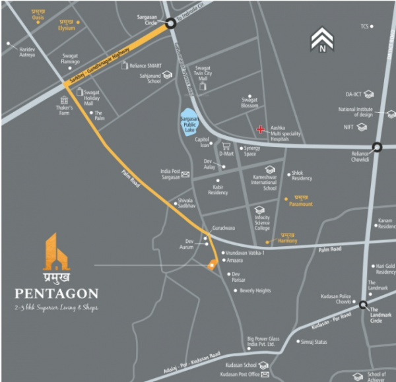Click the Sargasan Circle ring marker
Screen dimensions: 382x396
pyautogui.click(x=170, y=23)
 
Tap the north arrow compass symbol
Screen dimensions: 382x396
pyautogui.click(x=322, y=40)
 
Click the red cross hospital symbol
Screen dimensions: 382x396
pyautogui.click(x=261, y=129)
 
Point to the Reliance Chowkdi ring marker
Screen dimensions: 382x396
pyautogui.click(x=377, y=148)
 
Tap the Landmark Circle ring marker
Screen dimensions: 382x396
pyautogui.click(x=364, y=304)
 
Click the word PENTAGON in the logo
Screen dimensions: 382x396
pyautogui.click(x=58, y=292)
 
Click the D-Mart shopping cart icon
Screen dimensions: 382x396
pyautogui.click(x=226, y=146)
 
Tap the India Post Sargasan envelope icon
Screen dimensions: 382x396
pyautogui.click(x=186, y=175)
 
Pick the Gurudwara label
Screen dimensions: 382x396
pyautogui.click(x=223, y=228)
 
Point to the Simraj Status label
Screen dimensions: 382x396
pyautogui.click(x=314, y=342)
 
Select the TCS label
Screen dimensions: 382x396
pyautogui.click(x=364, y=27)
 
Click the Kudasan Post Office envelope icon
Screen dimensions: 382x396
pyautogui.click(x=263, y=375)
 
